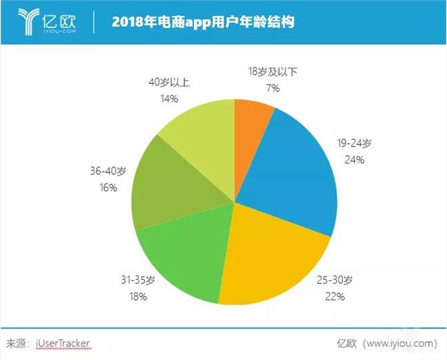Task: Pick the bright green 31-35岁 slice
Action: tap(182, 261)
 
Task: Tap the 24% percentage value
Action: tap(356, 160)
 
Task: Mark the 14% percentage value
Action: tap(168, 98)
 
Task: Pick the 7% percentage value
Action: tap(272, 87)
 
